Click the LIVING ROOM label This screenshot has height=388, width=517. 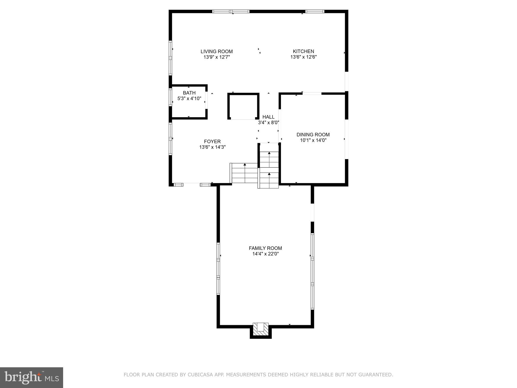tap(217, 52)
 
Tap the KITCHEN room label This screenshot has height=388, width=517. tap(303, 52)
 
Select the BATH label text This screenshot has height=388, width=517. tap(189, 93)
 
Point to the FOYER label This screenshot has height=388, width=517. tap(212, 142)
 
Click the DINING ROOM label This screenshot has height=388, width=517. tap(313, 135)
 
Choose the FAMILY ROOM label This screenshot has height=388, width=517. tap(265, 248)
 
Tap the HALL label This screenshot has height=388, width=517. tap(268, 117)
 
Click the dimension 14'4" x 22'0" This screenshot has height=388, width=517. tap(265, 254)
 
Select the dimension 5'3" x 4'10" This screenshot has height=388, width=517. tap(189, 99)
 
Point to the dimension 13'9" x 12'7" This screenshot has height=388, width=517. tap(217, 57)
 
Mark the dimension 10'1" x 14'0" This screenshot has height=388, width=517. tap(313, 140)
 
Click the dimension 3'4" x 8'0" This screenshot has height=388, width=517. tap(268, 123)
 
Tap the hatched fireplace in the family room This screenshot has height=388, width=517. tap(261, 329)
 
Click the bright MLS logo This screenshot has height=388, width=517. tap(32, 378)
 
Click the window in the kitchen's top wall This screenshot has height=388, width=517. tap(315, 11)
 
